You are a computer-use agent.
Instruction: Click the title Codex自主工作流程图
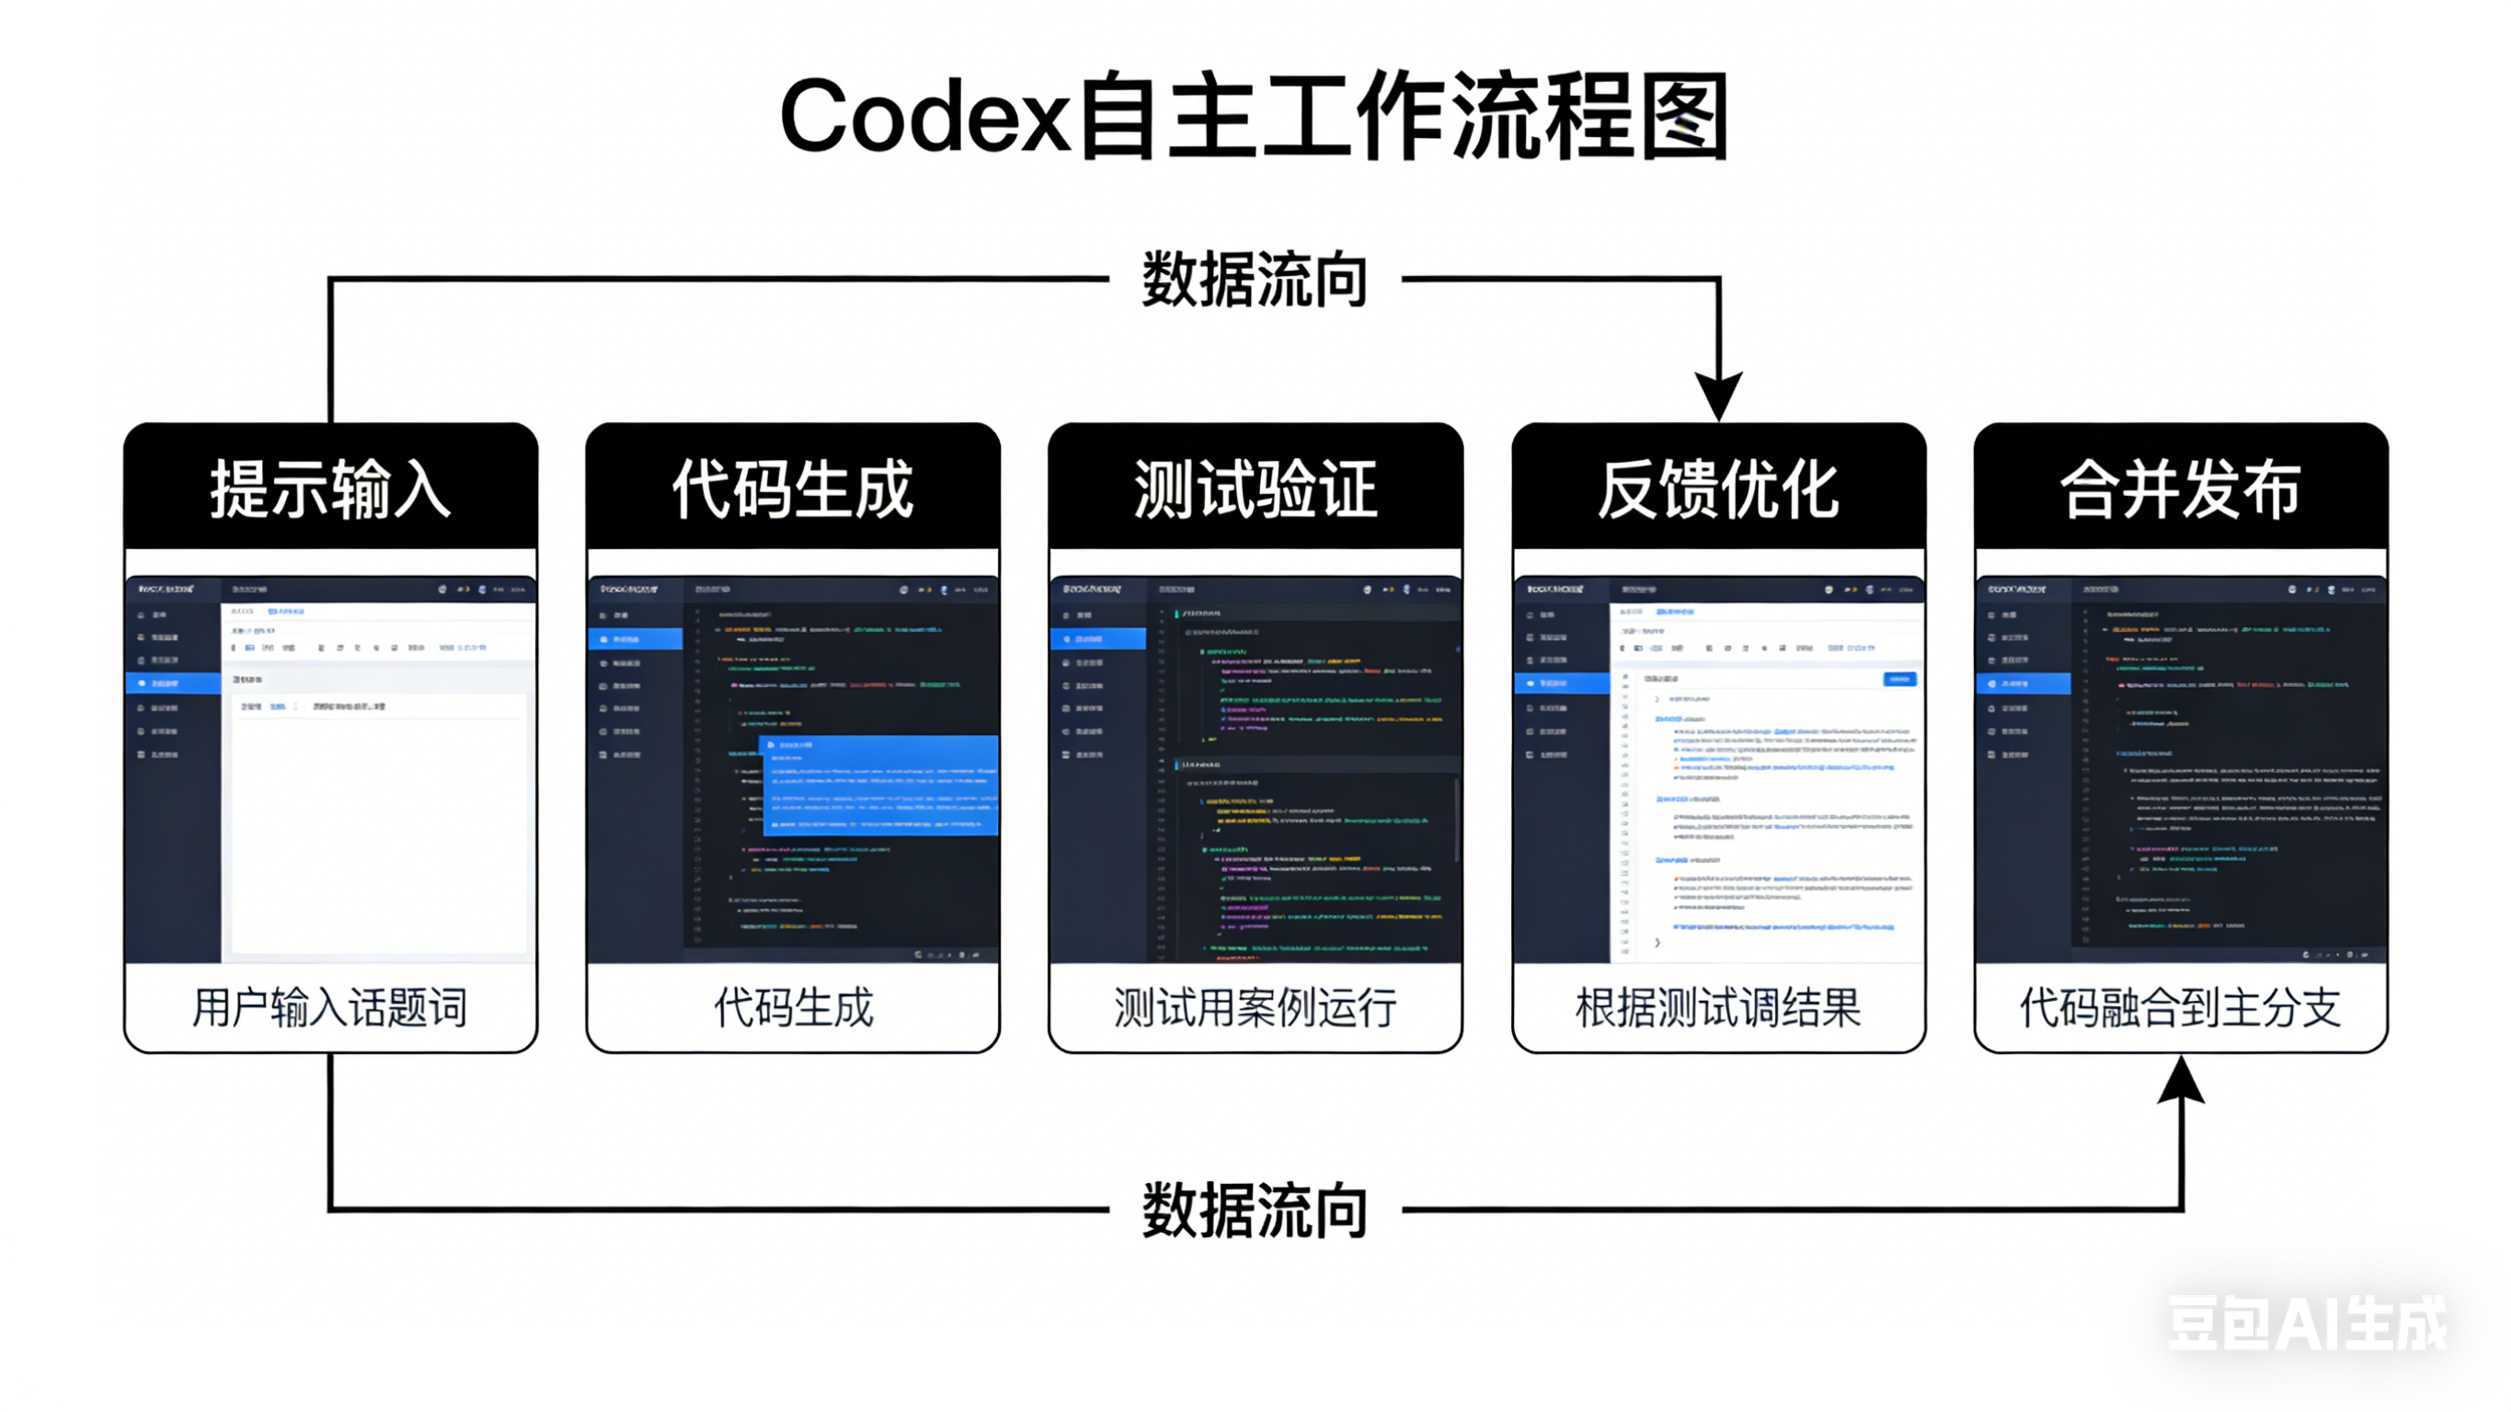(x=1255, y=117)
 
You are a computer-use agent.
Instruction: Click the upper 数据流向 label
(x=1255, y=280)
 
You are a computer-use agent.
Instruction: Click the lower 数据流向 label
(x=1255, y=1211)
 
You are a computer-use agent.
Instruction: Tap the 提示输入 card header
(x=330, y=488)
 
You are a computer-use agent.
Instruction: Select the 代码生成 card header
(x=793, y=488)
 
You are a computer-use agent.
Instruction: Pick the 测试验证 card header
(x=1255, y=488)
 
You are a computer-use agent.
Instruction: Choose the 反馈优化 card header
(x=1718, y=488)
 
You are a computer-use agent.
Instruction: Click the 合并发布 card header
(x=2181, y=488)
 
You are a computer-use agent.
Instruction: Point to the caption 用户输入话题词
(x=330, y=1007)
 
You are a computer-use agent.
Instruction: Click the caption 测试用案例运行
(x=1255, y=1007)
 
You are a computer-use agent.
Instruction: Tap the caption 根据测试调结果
(x=1718, y=1007)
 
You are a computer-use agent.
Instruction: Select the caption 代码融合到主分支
(x=2181, y=1007)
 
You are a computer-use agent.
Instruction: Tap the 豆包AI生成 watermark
(x=2306, y=1325)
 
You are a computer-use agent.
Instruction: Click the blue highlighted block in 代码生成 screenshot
(x=879, y=785)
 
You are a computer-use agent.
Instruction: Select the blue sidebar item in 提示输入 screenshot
(x=174, y=683)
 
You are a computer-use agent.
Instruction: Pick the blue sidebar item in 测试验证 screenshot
(x=1098, y=638)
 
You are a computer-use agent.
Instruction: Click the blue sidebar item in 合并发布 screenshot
(x=2024, y=683)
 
